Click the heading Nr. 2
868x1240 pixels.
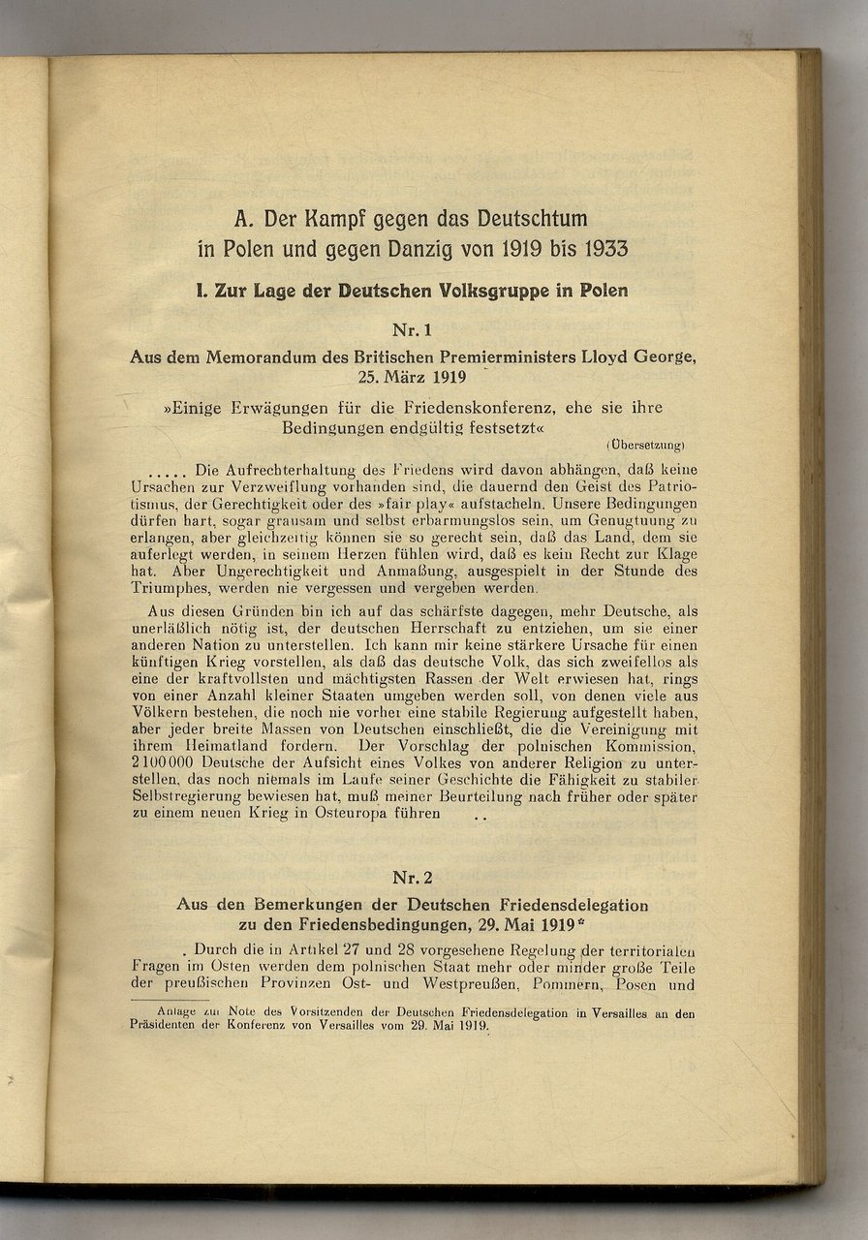[412, 878]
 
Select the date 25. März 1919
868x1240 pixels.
[412, 375]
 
